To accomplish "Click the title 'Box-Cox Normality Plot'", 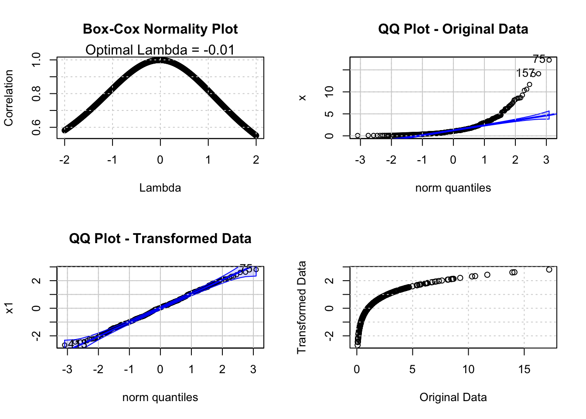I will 160,29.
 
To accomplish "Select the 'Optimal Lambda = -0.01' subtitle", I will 160,50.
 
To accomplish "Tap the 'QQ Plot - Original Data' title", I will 453,29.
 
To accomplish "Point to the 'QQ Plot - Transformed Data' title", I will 160,239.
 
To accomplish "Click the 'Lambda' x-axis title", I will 160,188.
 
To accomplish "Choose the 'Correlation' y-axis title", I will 9,98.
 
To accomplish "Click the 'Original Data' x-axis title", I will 453,397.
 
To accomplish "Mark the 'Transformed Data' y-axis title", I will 302,307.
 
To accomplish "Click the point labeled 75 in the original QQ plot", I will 549,60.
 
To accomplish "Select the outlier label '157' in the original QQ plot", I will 525,73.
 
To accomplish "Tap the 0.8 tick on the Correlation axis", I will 37,93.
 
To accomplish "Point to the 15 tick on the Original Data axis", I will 524,369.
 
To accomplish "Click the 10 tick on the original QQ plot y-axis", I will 330,92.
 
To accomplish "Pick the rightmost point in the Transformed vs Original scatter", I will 549,270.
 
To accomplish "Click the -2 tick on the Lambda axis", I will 65,160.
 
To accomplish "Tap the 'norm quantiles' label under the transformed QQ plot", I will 160,397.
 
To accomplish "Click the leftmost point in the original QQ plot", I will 358,136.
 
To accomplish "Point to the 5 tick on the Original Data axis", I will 412,369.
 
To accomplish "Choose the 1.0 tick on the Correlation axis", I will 37,59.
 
